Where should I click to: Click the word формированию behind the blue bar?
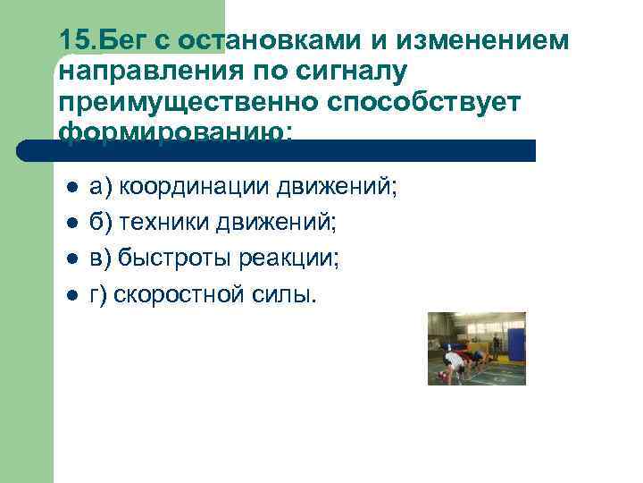point(175,131)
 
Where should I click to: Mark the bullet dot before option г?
point(71,297)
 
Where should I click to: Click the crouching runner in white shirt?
point(453,362)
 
